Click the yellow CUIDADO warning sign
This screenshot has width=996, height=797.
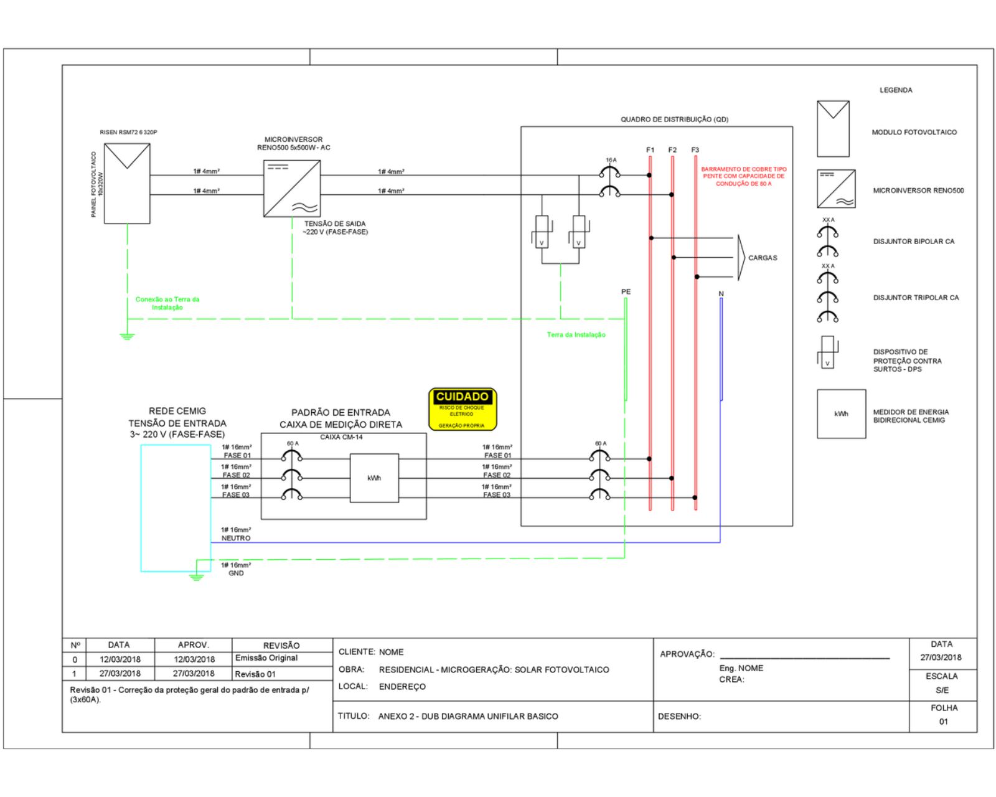pos(463,409)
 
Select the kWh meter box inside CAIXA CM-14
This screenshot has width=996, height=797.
pos(374,478)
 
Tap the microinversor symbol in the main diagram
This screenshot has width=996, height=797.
pos(292,189)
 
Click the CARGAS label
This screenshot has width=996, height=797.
pos(763,258)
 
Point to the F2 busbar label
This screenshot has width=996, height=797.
pos(672,150)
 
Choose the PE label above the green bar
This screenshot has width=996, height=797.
pos(626,291)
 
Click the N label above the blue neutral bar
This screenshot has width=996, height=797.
pos(721,293)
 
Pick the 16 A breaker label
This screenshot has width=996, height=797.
pos(611,160)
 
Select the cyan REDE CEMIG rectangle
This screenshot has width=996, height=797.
pos(176,507)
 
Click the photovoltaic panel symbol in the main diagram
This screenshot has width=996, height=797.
pos(127,183)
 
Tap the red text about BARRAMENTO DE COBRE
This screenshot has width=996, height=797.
pos(743,176)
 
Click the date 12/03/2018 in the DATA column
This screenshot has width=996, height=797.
pos(120,659)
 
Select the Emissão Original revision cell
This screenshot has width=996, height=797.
pos(266,658)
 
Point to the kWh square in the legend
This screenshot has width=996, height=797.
pos(841,414)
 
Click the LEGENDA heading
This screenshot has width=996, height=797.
pos(896,90)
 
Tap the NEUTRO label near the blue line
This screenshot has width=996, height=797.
pos(236,538)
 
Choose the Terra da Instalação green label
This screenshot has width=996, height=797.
pos(576,335)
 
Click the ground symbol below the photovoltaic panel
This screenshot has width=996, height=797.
pos(127,336)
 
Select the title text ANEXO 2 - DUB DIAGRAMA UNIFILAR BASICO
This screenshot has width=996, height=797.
pos(467,716)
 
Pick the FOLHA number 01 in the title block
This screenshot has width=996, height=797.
pos(943,722)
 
